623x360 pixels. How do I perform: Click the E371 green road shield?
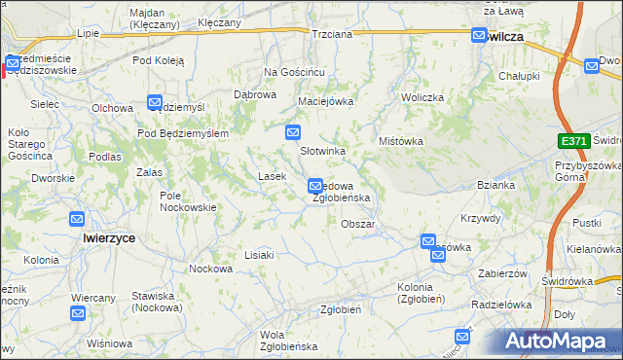point(573,141)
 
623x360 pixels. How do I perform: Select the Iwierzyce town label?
point(109,237)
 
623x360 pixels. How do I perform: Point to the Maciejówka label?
point(325,100)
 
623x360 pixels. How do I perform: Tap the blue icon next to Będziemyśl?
point(155,102)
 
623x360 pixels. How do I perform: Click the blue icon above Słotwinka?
point(292,131)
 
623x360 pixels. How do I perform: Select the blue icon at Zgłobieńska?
point(315,185)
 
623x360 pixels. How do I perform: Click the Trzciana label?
point(332,33)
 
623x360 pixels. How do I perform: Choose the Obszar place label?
point(358,224)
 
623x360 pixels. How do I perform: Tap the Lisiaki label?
point(260,254)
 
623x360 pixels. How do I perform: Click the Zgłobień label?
point(342,309)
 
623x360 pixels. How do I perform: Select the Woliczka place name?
point(422,98)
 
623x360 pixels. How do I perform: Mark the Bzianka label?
point(495,185)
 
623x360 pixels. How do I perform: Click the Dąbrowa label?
point(255,94)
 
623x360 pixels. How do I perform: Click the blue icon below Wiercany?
point(78,313)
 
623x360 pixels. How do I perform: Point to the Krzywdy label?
point(480,218)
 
